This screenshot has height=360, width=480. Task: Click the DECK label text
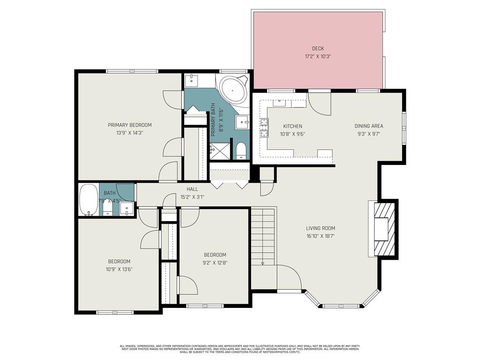[318, 48]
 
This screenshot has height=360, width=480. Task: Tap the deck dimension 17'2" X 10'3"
[318, 56]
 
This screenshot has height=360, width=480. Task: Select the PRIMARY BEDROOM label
[130, 125]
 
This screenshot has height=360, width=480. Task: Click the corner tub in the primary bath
[232, 90]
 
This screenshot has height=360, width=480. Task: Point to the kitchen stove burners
[264, 127]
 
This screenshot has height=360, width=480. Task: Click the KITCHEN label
[292, 126]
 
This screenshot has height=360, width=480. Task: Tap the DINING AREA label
[368, 126]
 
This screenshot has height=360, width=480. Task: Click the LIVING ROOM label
[321, 228]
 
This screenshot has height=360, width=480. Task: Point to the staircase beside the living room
[262, 237]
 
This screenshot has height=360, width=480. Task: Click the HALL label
[192, 189]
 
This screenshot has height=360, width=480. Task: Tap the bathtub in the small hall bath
[88, 200]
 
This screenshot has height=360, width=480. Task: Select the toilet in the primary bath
[241, 150]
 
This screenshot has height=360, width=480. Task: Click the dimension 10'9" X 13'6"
[120, 269]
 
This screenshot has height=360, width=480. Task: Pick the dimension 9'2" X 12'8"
[215, 263]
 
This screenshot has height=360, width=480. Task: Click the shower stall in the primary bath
[217, 151]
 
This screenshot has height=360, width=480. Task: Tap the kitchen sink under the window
[279, 102]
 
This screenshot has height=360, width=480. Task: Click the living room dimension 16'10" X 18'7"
[321, 236]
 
